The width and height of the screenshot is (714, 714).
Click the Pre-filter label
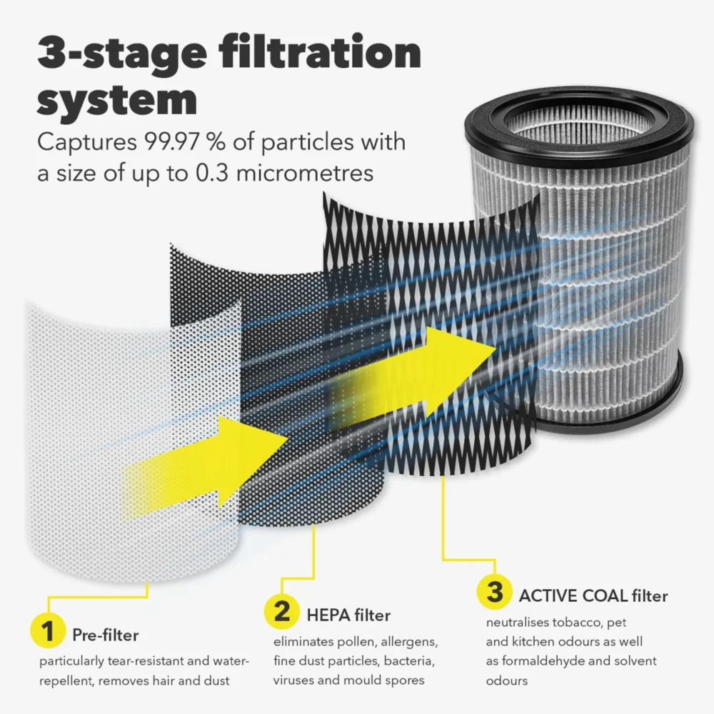click(106, 634)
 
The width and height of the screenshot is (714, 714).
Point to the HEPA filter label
click(348, 614)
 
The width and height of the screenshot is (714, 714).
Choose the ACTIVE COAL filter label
click(593, 595)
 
